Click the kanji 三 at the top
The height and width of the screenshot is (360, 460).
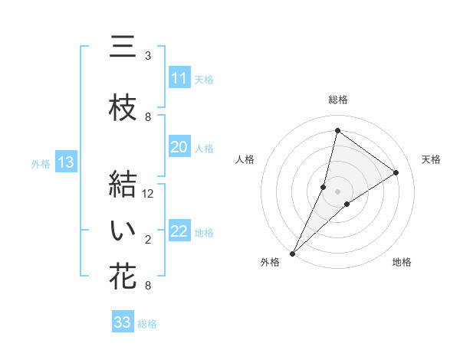tap(123, 48)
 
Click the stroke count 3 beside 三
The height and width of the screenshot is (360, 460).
tap(148, 56)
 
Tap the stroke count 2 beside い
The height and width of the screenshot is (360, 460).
tap(148, 241)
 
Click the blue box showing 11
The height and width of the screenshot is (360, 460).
tap(179, 78)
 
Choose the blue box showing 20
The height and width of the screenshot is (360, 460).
tap(179, 147)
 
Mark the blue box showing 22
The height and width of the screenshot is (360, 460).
tap(179, 232)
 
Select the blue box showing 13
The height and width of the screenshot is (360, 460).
tap(66, 162)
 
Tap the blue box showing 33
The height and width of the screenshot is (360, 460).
tap(123, 322)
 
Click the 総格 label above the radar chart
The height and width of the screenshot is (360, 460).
tap(337, 100)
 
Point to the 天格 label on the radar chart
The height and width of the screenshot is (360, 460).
tap(432, 159)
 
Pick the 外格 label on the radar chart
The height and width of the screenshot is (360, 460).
tap(270, 262)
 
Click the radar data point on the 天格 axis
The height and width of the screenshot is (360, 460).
tap(396, 172)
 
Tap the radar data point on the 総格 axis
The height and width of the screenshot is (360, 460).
tap(337, 131)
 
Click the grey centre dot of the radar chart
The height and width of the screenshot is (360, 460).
tap(337, 191)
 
